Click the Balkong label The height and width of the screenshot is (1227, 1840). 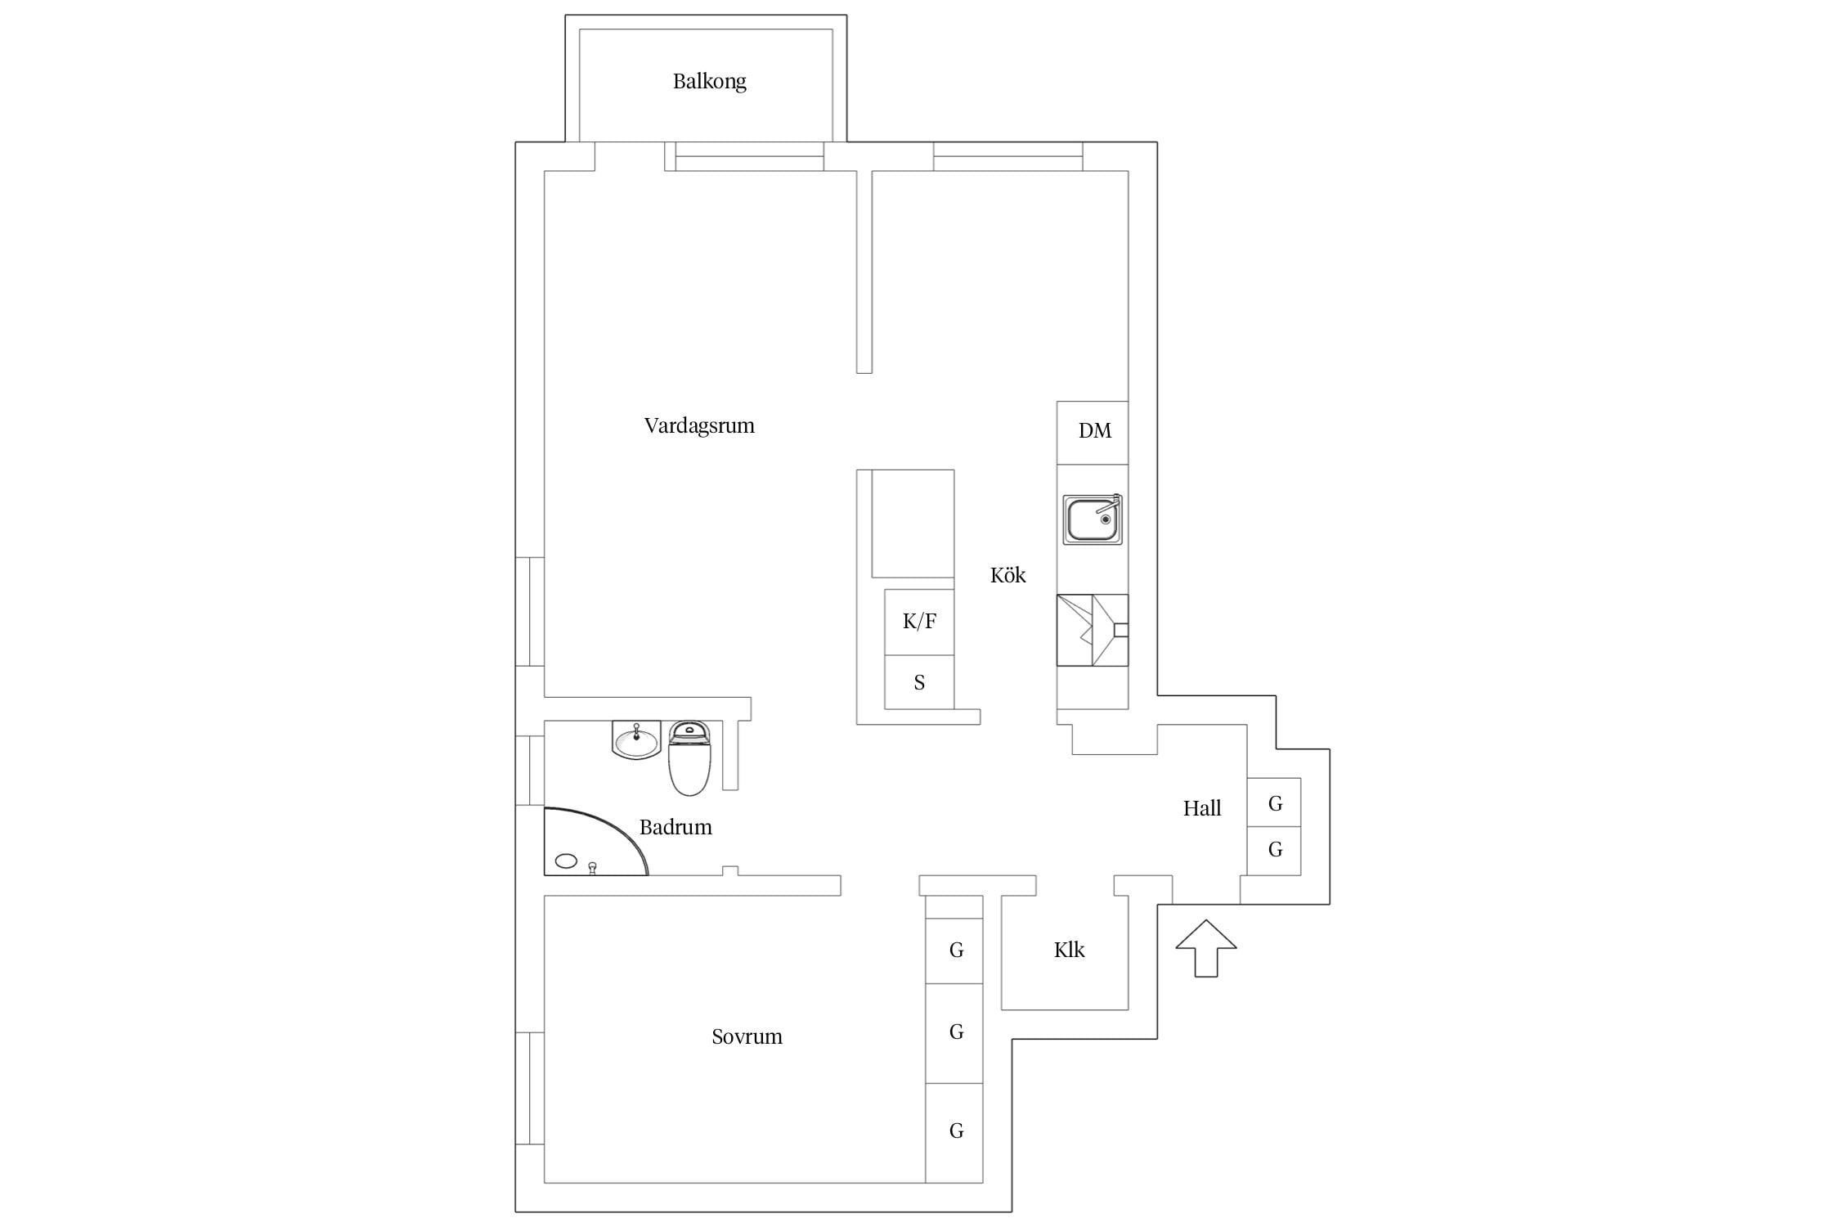[x=709, y=81]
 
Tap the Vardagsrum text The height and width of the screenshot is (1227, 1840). [x=699, y=425]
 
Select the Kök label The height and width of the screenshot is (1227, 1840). [x=1008, y=575]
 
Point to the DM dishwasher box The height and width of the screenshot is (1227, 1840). [x=1093, y=433]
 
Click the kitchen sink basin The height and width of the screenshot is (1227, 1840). [x=1093, y=519]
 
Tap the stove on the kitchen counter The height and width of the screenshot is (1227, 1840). [x=1093, y=630]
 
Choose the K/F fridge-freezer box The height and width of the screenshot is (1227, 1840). [x=919, y=622]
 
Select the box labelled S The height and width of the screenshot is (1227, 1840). [x=919, y=682]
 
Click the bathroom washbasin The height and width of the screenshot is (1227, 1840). [x=636, y=740]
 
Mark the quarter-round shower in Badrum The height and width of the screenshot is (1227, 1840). [x=596, y=842]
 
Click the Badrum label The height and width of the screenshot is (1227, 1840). [x=675, y=827]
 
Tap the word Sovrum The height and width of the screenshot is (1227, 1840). [x=747, y=1036]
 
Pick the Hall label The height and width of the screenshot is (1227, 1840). [x=1201, y=808]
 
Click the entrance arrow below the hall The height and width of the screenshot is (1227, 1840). [x=1206, y=948]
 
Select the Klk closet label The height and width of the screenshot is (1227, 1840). [x=1069, y=950]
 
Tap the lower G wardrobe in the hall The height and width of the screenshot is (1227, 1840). [x=1274, y=851]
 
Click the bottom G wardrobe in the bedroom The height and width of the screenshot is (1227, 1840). [x=954, y=1133]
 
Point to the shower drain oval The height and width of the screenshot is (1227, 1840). [x=566, y=861]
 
